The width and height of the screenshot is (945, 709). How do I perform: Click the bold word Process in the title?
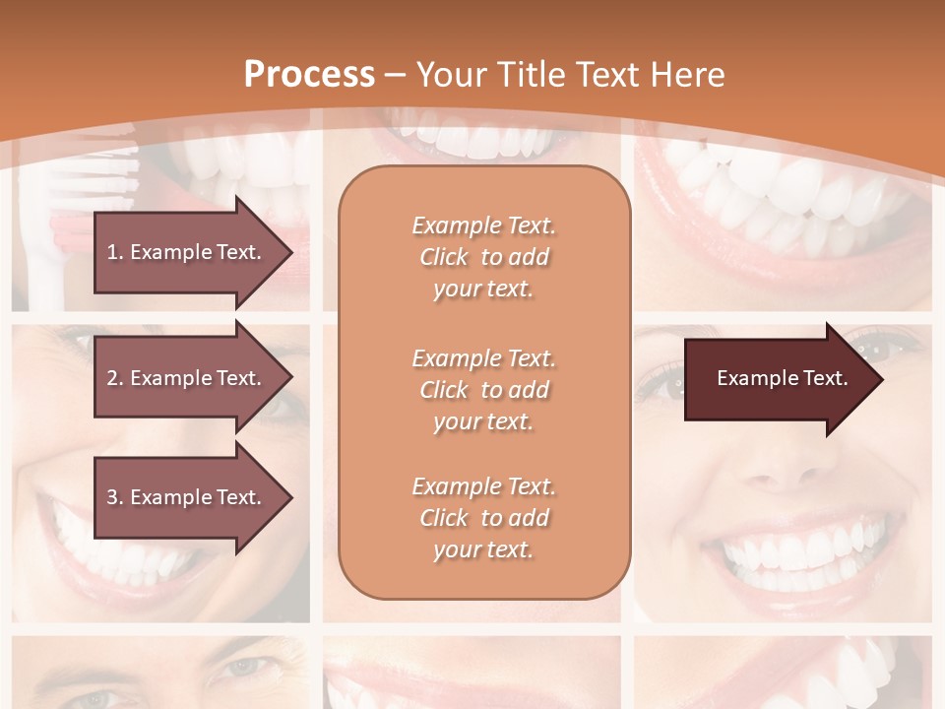(x=309, y=75)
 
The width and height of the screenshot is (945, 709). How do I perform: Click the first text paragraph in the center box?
(x=483, y=257)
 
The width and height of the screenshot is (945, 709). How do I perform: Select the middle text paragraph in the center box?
(x=483, y=390)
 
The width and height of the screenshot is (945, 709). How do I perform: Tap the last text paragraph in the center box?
(x=483, y=518)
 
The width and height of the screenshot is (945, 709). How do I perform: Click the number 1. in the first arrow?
(x=114, y=252)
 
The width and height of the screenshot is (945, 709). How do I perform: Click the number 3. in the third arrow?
(x=114, y=497)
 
